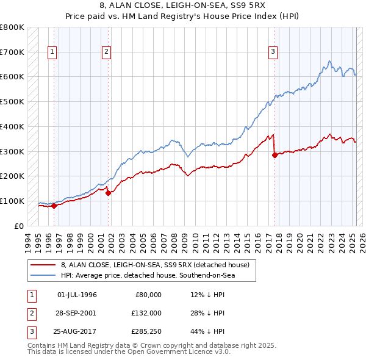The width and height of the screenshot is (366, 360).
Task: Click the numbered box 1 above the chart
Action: (x=53, y=52)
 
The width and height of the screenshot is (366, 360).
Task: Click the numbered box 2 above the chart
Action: (x=106, y=52)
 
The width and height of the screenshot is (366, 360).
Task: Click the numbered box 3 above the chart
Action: (x=273, y=52)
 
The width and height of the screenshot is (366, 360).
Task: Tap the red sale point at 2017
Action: (x=274, y=155)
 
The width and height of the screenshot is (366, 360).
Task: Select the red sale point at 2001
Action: (x=108, y=193)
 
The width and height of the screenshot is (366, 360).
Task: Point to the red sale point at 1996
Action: (x=54, y=206)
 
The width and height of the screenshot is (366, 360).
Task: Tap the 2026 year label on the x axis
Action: (x=362, y=241)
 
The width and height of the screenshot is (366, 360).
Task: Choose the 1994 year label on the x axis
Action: (x=28, y=241)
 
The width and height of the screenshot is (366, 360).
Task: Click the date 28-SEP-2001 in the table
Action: (x=76, y=312)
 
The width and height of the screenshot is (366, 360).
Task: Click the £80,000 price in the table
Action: (x=148, y=295)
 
